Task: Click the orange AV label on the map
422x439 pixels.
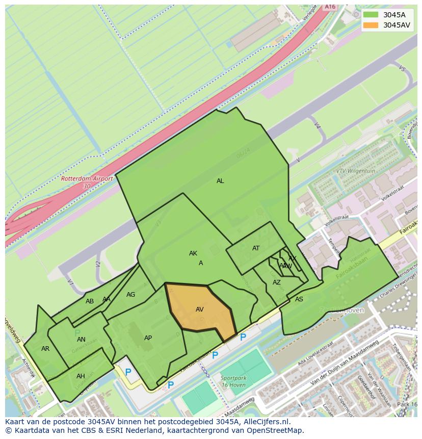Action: [200, 309]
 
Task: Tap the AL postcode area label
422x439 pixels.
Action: [220, 181]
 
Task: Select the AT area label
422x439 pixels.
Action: [256, 248]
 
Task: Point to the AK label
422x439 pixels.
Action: [193, 253]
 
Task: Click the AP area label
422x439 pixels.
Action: [148, 338]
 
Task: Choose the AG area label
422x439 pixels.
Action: [131, 295]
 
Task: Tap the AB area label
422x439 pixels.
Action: [90, 301]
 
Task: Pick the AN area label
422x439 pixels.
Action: [81, 340]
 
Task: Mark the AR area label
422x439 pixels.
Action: [45, 349]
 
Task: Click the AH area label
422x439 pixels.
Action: [81, 376]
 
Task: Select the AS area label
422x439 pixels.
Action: [299, 299]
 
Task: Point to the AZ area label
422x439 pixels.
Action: [277, 282]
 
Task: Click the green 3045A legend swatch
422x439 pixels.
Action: [371, 15]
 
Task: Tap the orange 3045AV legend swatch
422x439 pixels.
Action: [371, 25]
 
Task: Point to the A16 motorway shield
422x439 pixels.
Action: [330, 7]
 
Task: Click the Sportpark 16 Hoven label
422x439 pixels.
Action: [233, 381]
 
